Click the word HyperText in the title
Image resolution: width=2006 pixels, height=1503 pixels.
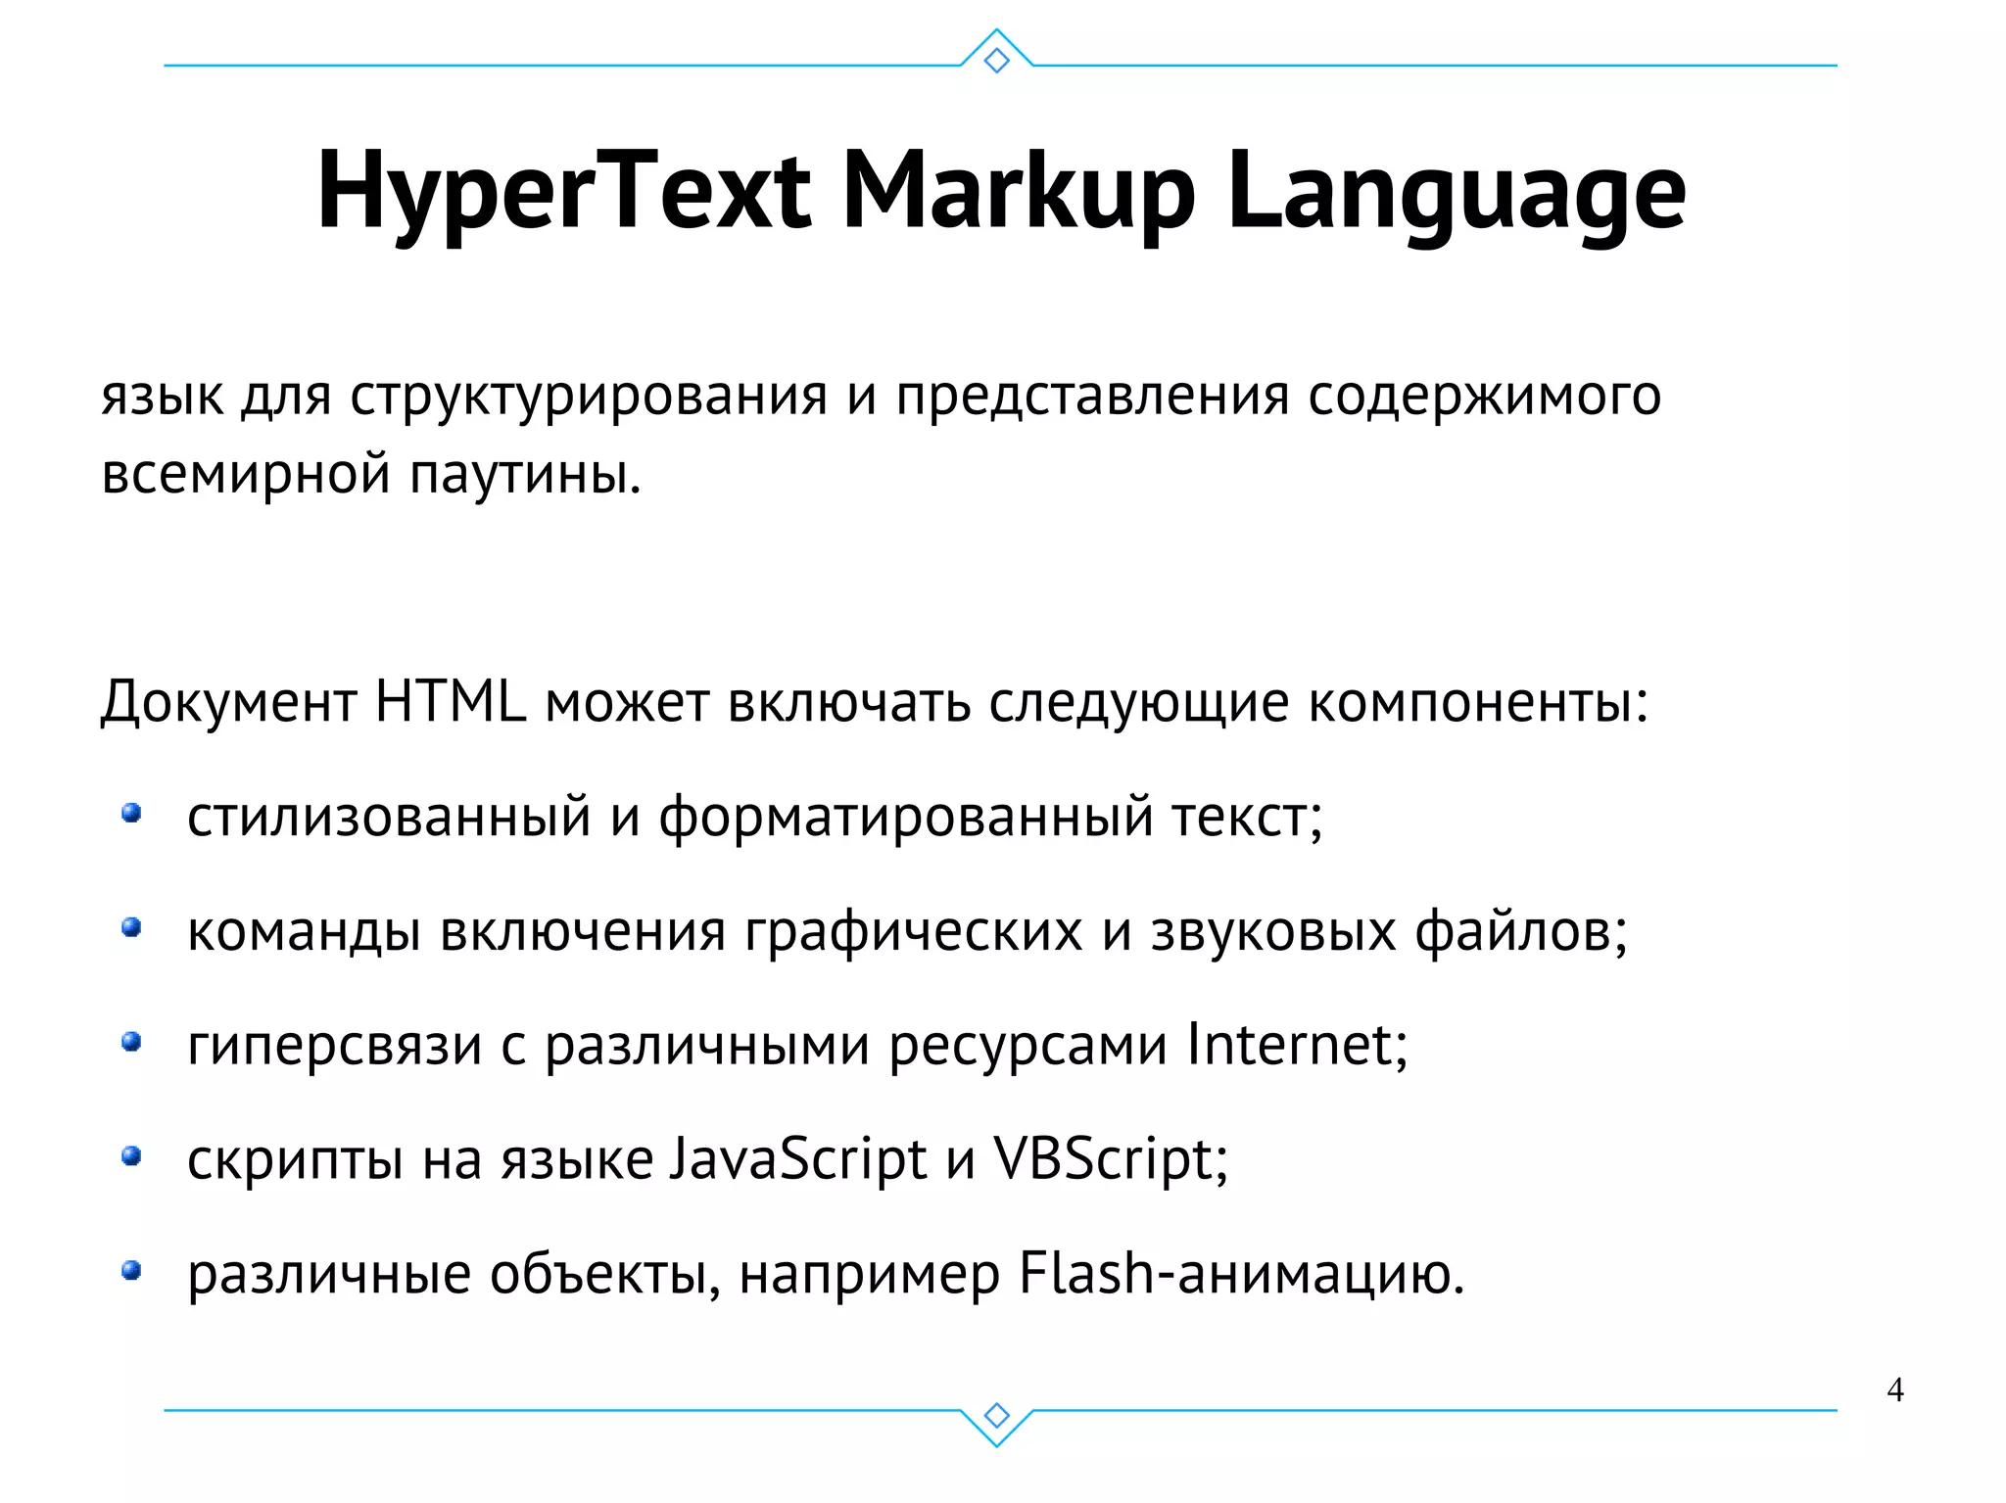(563, 191)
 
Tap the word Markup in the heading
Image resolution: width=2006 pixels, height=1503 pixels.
(1018, 191)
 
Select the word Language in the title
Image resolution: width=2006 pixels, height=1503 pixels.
(1456, 191)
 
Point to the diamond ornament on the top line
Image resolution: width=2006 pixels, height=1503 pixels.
(996, 61)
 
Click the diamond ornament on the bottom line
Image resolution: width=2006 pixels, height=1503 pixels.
(996, 1416)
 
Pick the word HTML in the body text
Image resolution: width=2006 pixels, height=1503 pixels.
(451, 701)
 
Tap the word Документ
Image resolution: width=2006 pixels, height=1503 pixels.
(228, 703)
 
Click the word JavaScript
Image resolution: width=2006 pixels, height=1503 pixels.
(798, 1160)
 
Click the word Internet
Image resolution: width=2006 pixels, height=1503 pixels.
(1296, 1045)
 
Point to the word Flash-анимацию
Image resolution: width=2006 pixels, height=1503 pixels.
(1241, 1274)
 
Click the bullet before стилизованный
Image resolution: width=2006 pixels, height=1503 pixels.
(131, 814)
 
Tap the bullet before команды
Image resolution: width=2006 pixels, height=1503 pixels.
(131, 927)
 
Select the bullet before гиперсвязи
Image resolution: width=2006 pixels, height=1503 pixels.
(131, 1042)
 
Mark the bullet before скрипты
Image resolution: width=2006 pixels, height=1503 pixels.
(131, 1156)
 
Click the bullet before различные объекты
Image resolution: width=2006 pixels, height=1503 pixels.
(131, 1271)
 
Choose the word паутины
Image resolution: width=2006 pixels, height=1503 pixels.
(524, 475)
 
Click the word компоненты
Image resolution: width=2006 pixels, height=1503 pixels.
(1478, 703)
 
